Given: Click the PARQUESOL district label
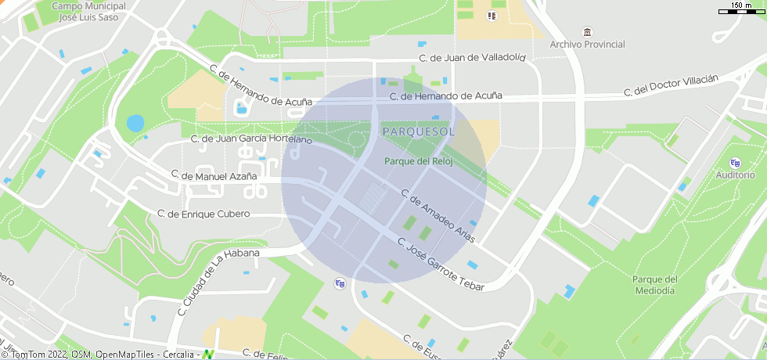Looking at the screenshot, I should [x=418, y=131].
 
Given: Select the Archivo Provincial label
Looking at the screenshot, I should [x=587, y=45].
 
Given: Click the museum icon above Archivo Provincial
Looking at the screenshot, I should [x=587, y=31].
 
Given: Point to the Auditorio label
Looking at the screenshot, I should [x=735, y=175].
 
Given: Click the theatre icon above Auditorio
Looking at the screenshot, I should [x=734, y=163].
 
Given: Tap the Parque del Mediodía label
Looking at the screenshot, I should [x=654, y=285].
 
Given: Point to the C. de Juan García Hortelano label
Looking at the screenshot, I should [x=251, y=139].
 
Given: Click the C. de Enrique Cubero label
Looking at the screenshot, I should [x=203, y=214].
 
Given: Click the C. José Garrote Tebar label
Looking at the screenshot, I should [x=441, y=265].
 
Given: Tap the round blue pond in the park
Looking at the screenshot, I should [x=135, y=123].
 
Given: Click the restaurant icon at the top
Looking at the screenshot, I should [x=492, y=15].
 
